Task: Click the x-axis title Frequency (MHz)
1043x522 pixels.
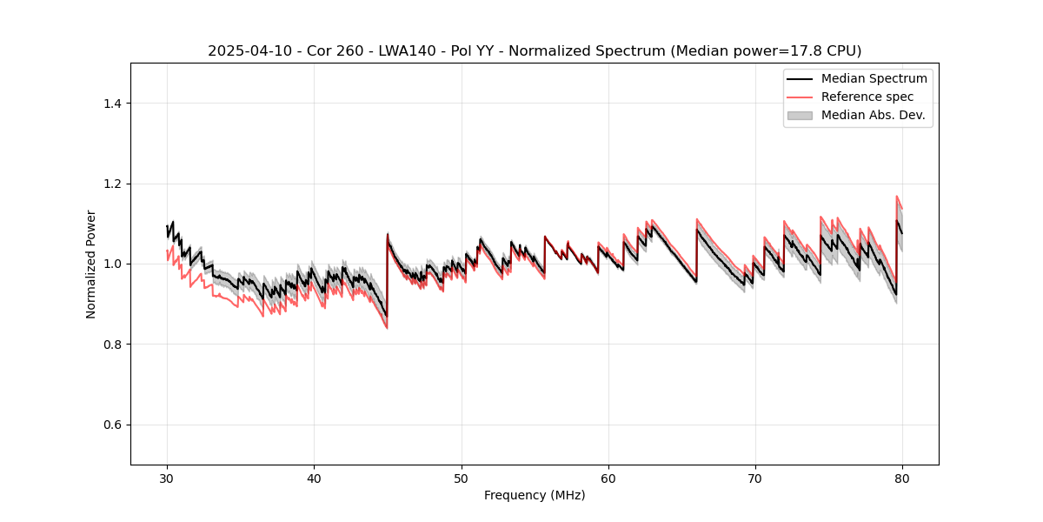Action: tap(535, 495)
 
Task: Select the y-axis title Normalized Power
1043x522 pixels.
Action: tap(91, 264)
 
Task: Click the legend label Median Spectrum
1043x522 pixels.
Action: tap(874, 78)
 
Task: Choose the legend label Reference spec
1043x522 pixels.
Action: tap(867, 97)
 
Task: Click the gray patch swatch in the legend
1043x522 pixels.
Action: tap(800, 115)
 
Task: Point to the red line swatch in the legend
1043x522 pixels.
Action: tap(800, 97)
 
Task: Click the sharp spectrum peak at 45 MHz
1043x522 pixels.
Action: tap(388, 233)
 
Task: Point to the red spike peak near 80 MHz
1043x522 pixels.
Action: tap(896, 196)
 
